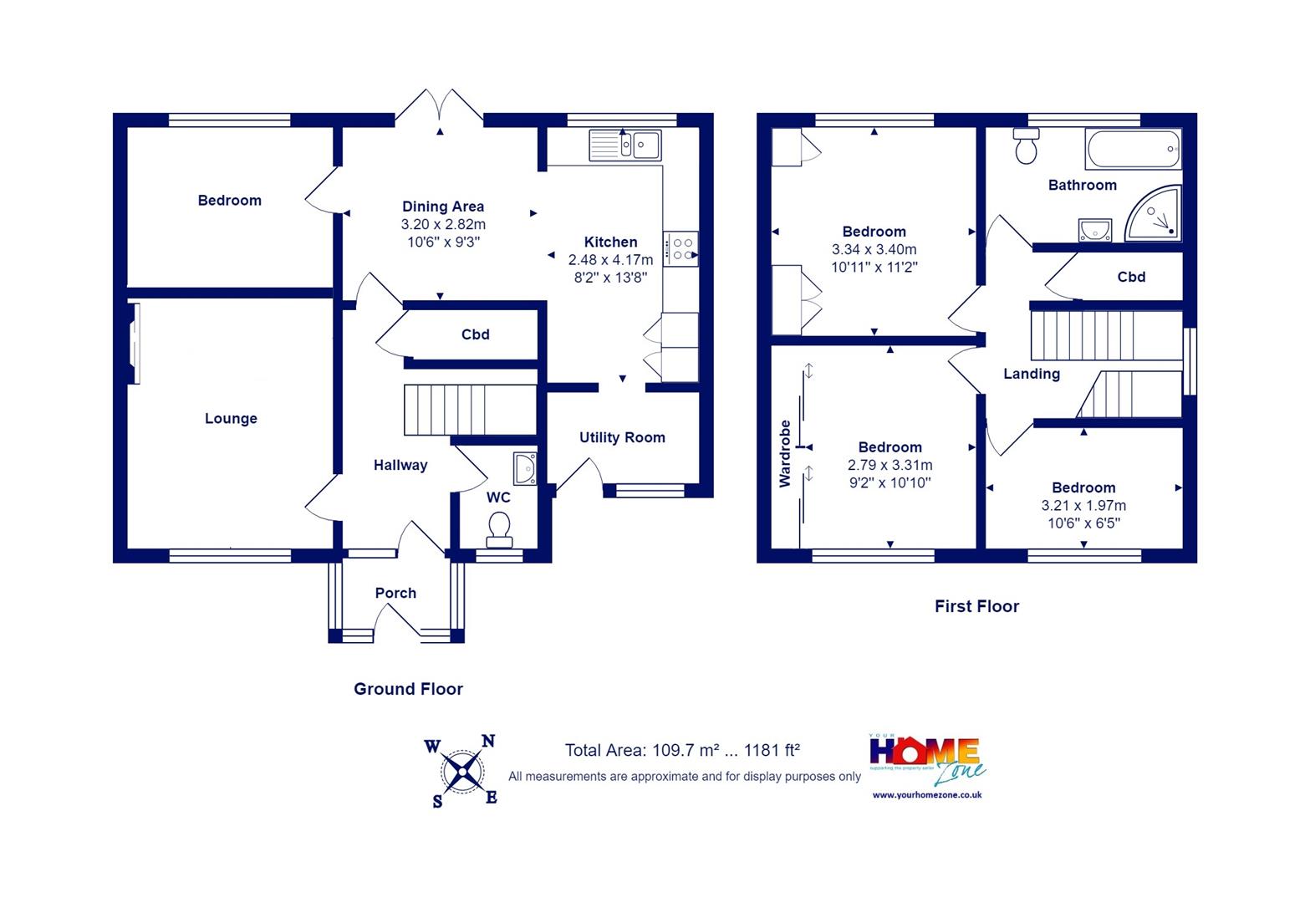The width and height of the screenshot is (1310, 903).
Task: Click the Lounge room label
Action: [231, 419]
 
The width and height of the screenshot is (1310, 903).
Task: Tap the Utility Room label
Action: [622, 437]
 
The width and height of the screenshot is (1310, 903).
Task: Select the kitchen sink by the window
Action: [625, 145]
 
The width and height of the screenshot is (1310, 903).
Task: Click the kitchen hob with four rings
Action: [680, 248]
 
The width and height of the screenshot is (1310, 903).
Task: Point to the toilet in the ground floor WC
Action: [499, 529]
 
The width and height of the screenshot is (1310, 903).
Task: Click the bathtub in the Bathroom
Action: [1133, 149]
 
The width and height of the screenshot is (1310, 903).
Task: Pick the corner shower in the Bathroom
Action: [1154, 213]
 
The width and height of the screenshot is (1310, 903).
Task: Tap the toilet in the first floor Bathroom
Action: [1027, 145]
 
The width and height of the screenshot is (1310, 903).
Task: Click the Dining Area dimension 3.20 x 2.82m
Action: [443, 224]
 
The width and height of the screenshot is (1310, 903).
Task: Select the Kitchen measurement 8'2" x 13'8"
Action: [610, 278]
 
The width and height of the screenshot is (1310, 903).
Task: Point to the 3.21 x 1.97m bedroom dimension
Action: [1083, 505]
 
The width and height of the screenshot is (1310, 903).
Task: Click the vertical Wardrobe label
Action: [785, 454]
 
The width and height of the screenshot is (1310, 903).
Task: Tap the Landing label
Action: [1032, 374]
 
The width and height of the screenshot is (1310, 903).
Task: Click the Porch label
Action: [396, 593]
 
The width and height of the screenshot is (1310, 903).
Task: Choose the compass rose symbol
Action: [462, 772]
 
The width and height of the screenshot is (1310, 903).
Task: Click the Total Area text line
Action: [682, 750]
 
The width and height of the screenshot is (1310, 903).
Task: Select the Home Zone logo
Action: [927, 760]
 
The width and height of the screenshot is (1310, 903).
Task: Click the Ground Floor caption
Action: [408, 689]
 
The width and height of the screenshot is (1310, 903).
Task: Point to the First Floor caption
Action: [976, 606]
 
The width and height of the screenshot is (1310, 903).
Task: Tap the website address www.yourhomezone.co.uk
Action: [927, 795]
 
